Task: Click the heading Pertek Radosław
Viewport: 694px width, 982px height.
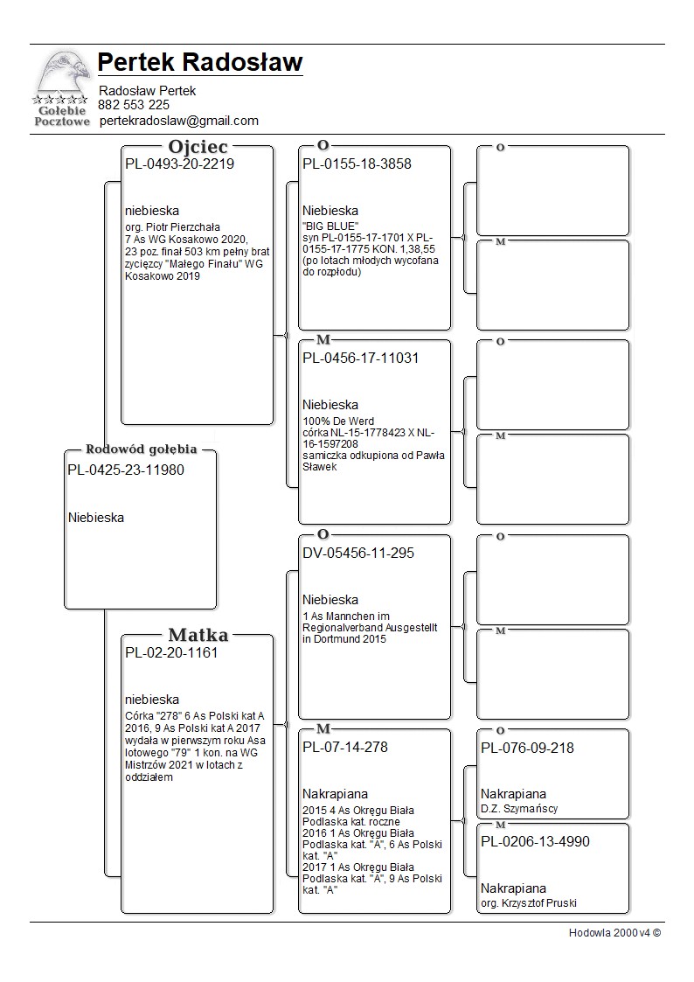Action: [x=200, y=63]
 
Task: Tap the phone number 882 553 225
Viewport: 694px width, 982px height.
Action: [x=134, y=105]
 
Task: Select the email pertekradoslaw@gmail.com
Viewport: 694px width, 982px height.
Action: [x=179, y=121]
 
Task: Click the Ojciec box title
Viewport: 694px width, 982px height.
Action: [x=198, y=146]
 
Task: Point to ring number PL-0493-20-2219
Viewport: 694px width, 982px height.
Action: [x=179, y=164]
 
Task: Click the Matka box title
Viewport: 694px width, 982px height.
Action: [x=198, y=635]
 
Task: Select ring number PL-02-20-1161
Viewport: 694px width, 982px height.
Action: [x=171, y=652]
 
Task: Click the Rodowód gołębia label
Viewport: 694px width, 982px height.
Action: [x=141, y=449]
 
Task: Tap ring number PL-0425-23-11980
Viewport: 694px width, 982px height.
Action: [x=126, y=470]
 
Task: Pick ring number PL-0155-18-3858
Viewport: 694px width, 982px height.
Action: [x=357, y=164]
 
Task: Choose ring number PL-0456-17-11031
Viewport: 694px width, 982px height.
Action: [x=361, y=358]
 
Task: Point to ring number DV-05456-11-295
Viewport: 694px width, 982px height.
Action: [x=358, y=553]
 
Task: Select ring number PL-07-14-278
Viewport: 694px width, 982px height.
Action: [x=345, y=747]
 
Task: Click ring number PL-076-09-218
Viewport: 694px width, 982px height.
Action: [x=527, y=748]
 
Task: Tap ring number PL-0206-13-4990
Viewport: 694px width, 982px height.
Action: [x=535, y=841]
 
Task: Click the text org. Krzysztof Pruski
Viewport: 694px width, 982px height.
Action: [x=529, y=902]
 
